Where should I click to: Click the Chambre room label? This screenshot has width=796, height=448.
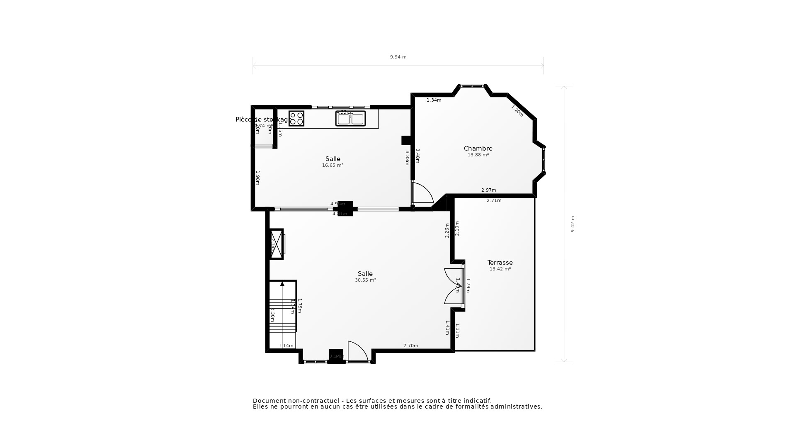coord(478,149)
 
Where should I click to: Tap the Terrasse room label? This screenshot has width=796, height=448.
coord(500,263)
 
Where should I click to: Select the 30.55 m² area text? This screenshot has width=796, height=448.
coord(365,280)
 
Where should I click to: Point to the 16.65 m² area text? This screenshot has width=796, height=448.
coord(332,166)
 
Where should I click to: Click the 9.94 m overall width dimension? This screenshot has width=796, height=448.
coord(398,57)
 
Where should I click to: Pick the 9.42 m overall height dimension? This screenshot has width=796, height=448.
coord(573,224)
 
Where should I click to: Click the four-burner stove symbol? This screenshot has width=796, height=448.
coord(296,119)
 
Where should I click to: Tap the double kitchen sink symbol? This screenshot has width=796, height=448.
coord(351,119)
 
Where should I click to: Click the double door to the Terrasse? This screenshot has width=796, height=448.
coord(454,286)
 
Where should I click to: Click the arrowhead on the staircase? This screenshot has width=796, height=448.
coord(282,284)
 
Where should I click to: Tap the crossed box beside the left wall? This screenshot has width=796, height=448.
coord(276,244)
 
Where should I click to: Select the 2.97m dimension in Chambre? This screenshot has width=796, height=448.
coord(488,190)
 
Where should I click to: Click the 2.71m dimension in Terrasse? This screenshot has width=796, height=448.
coord(494,201)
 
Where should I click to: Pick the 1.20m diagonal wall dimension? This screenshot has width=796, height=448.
coord(517,111)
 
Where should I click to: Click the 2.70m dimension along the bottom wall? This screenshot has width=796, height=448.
coord(410,346)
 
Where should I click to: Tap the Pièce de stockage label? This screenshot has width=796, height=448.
coord(264,119)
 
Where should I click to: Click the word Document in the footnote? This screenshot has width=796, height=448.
coord(269,401)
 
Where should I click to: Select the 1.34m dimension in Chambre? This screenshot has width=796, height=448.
coord(434,100)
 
